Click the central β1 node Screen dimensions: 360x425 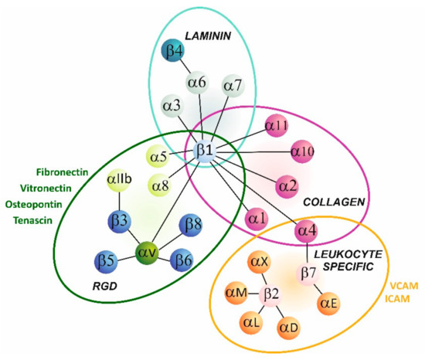206,151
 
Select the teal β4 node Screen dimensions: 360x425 172,53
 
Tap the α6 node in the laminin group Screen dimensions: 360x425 198,80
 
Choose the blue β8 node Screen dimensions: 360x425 192,226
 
